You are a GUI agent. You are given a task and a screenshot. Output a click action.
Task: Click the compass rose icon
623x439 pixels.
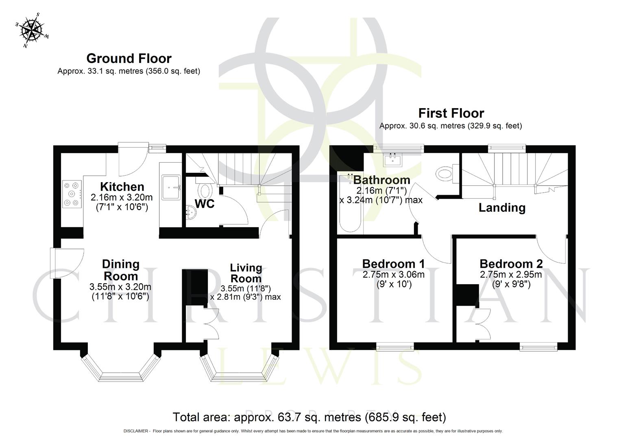(32, 30)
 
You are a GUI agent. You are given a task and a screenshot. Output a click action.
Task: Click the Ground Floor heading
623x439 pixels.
(129, 59)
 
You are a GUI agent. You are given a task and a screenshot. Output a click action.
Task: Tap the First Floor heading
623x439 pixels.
(451, 113)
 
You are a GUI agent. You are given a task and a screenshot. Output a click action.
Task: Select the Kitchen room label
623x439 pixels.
(122, 187)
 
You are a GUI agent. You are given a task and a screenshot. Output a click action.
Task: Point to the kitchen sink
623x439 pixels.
(171, 187)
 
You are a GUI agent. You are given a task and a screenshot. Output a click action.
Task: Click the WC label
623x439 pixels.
(205, 204)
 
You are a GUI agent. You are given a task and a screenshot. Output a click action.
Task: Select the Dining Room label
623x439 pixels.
(121, 270)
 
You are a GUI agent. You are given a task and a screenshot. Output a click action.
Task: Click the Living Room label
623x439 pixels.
(246, 273)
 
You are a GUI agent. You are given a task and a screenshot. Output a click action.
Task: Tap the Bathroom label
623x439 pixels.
(381, 180)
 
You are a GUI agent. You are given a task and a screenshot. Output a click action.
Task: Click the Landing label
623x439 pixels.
(502, 208)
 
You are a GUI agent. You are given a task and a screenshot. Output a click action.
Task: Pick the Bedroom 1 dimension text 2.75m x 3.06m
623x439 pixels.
(393, 275)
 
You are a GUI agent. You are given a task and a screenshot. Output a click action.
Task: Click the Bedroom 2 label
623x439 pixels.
(511, 264)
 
